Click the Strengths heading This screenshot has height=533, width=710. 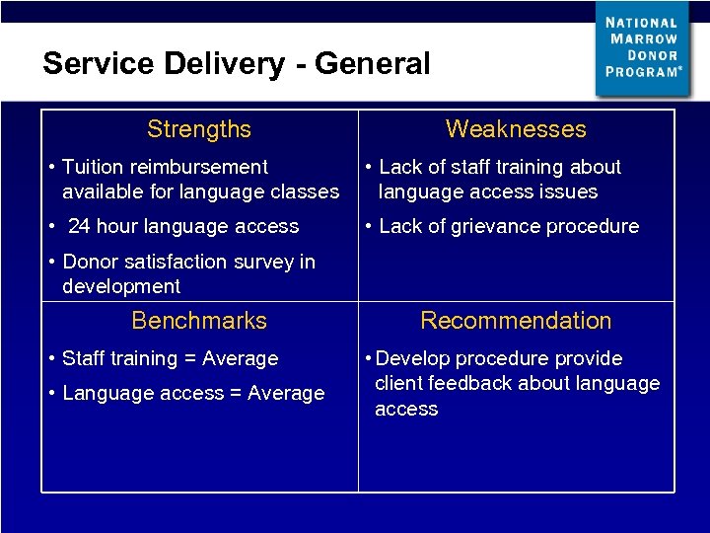199,129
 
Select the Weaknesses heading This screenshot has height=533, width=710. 516,129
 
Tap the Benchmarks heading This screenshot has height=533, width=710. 199,321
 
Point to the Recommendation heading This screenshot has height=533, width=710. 516,321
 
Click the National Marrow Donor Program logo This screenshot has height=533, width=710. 642,48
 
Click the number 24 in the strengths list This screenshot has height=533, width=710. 79,226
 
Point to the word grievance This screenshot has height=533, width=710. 505,226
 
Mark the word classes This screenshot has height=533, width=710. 305,191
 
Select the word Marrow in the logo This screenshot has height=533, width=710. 642,38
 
